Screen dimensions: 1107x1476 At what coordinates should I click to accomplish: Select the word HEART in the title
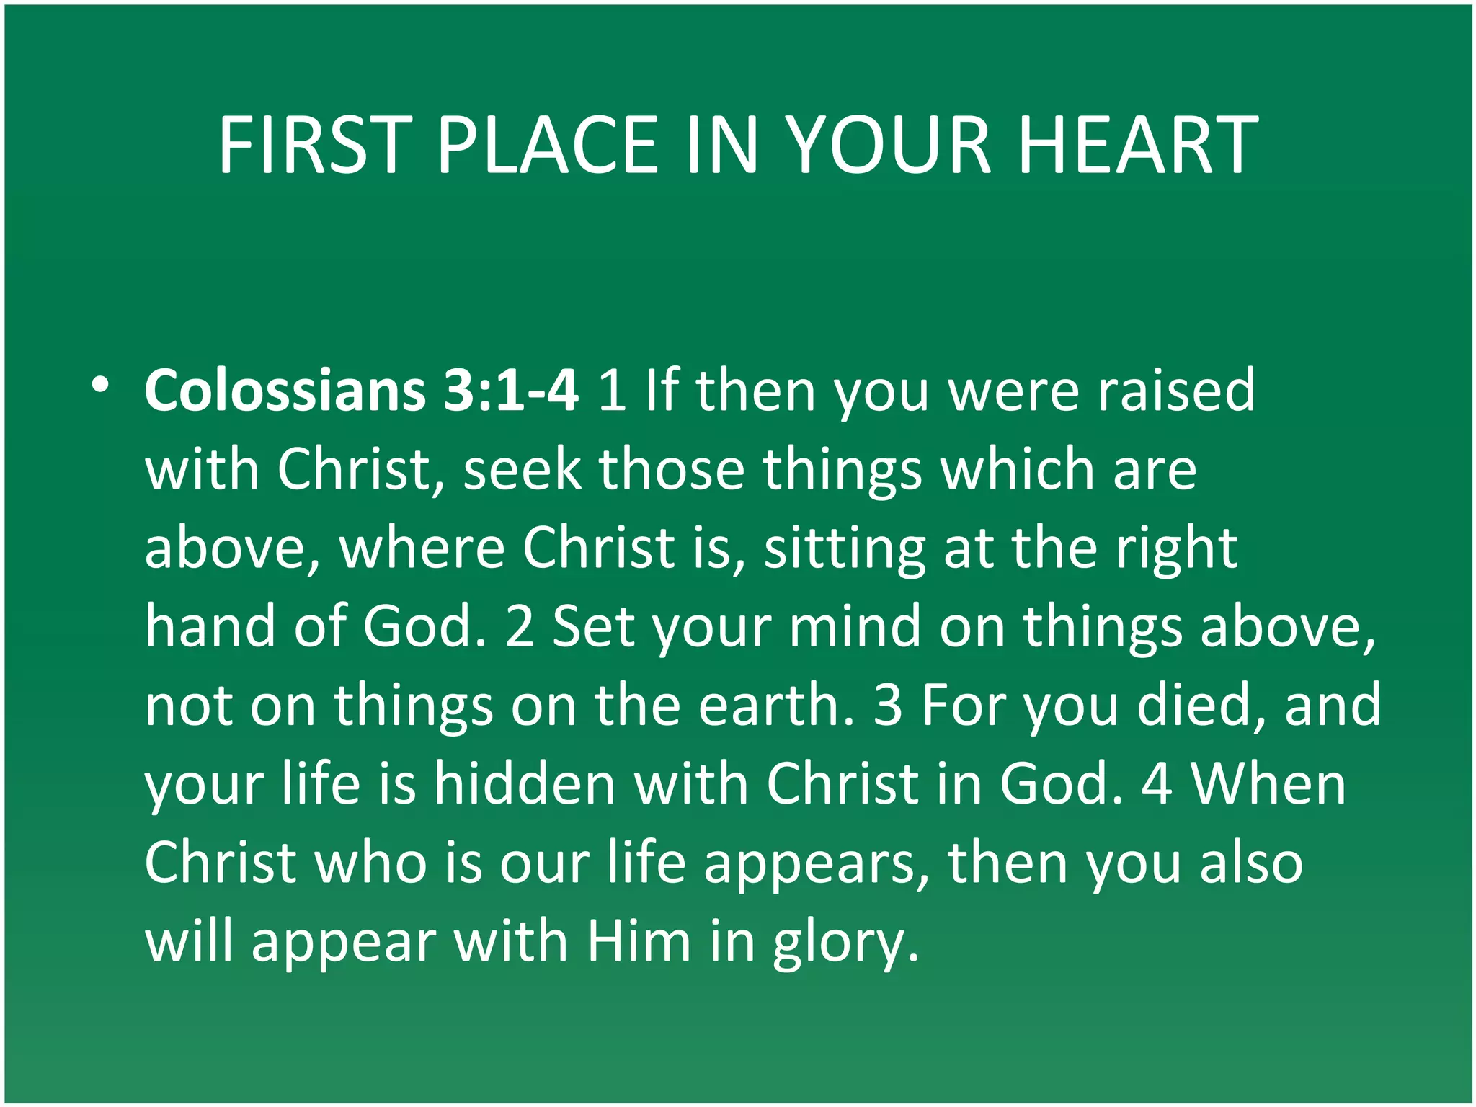(x=1138, y=146)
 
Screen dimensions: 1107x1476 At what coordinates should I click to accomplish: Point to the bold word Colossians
(x=285, y=391)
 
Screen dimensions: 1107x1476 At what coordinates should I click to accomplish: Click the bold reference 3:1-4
(x=510, y=391)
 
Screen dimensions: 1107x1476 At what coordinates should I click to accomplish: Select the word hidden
(x=524, y=784)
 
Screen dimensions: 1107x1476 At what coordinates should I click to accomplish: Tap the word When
(x=1268, y=784)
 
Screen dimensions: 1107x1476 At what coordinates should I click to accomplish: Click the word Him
(x=639, y=942)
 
